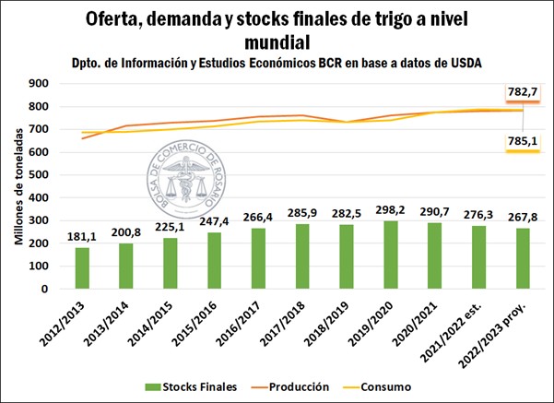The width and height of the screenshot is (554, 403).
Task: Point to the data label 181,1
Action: (x=81, y=237)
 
